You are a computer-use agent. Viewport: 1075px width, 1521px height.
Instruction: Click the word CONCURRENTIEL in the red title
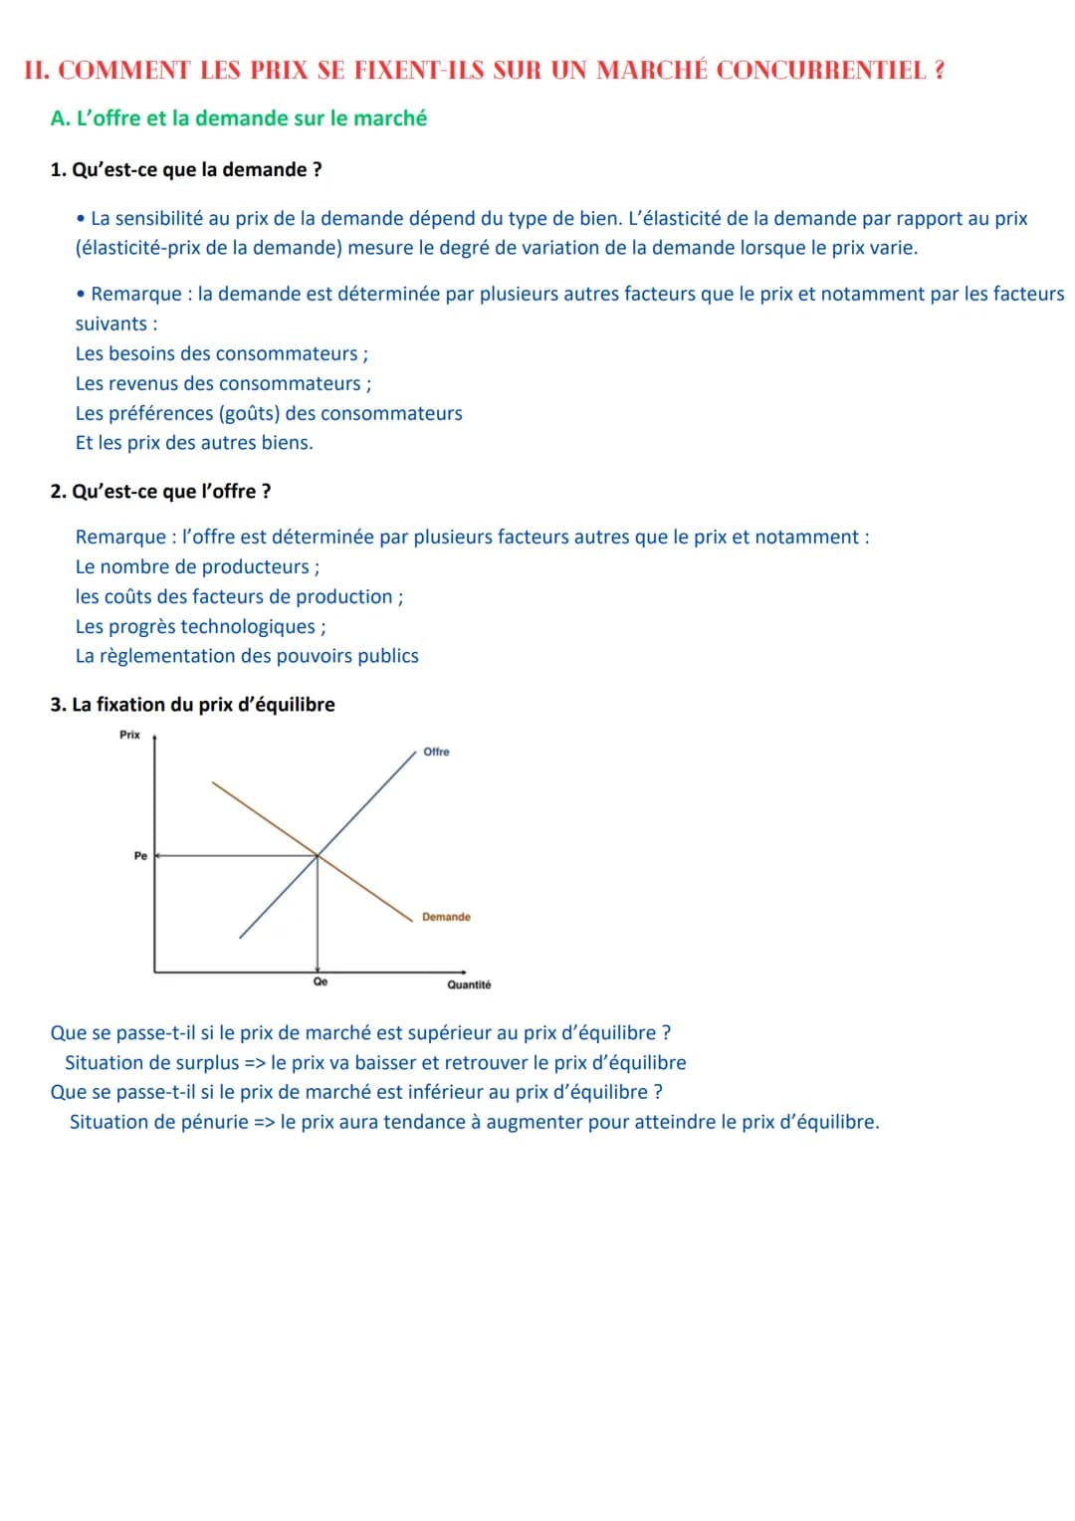(x=821, y=71)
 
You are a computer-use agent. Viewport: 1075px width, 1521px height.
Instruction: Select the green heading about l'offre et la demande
(x=239, y=118)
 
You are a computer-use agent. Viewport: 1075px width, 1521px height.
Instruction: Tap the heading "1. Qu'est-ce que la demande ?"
(x=186, y=170)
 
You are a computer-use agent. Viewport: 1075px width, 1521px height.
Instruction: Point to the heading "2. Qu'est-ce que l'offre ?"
(x=160, y=492)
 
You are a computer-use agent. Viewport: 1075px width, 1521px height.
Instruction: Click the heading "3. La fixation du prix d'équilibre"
(x=193, y=705)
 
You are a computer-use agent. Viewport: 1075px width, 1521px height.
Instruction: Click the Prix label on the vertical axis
(x=130, y=735)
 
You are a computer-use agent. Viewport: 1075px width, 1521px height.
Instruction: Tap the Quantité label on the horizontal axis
(x=469, y=984)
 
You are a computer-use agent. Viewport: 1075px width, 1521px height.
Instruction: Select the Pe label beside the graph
(x=140, y=856)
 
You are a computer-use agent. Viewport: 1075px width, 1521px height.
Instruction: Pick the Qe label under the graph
(x=321, y=981)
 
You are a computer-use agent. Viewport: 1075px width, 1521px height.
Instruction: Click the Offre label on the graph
(x=436, y=752)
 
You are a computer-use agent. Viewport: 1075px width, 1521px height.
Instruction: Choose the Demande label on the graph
(x=446, y=917)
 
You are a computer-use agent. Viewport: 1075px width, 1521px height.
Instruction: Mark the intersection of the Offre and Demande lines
(x=318, y=855)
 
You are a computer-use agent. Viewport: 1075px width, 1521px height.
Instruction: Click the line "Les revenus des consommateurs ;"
(x=224, y=384)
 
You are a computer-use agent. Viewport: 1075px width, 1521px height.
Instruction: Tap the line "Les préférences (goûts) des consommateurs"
(x=269, y=414)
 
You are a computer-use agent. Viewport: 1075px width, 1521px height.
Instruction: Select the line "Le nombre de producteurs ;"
(x=198, y=567)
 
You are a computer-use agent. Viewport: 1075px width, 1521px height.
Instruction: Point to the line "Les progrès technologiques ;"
(x=201, y=627)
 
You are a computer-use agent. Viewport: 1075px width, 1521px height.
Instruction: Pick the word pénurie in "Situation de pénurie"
(x=212, y=1123)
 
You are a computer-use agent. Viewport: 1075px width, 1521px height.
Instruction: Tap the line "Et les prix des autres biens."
(x=194, y=443)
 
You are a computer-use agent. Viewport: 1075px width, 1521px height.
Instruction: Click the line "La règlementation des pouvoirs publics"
(x=247, y=657)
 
